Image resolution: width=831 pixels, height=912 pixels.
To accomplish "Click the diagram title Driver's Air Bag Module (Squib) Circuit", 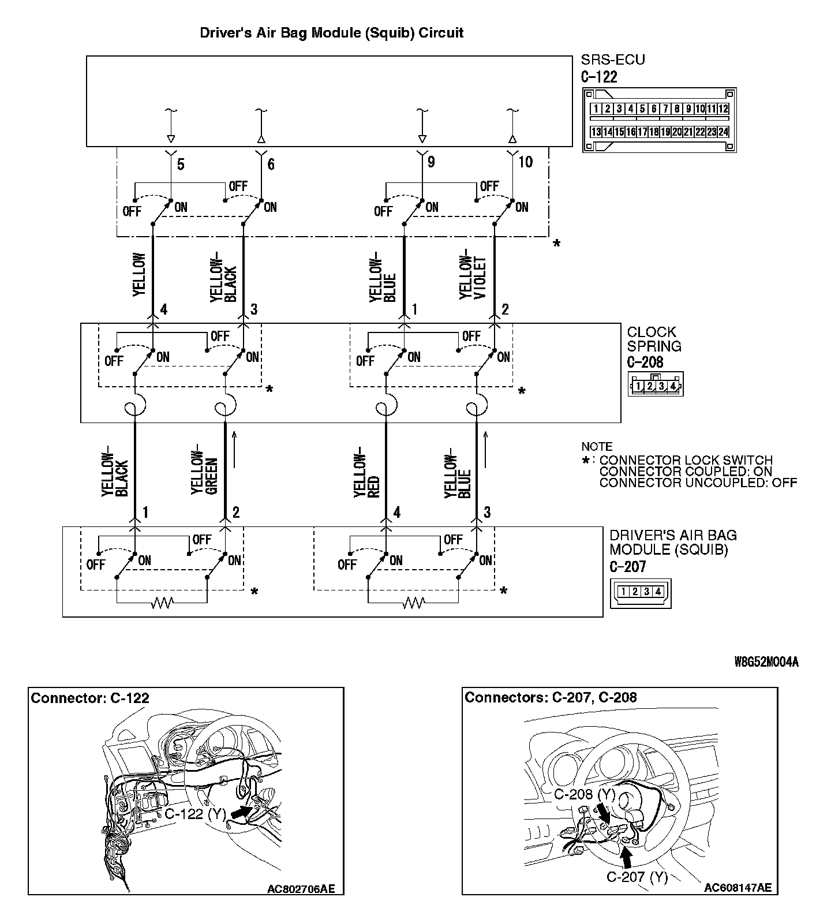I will coord(331,33).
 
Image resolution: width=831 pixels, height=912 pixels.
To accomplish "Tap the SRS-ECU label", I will coord(613,60).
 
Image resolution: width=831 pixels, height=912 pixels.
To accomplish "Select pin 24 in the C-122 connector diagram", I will coord(723,132).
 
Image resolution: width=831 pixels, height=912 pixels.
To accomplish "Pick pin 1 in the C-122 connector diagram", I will coord(596,109).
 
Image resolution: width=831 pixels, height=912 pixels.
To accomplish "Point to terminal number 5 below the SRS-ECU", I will coord(181,165).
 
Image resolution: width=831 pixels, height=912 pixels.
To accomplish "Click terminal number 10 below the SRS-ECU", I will coord(525,162).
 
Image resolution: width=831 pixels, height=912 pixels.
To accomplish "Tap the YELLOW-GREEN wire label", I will coord(204,469).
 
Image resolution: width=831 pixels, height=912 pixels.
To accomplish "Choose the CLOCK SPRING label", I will coord(654,339).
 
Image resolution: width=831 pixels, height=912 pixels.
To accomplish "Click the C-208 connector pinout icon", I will coord(656,385).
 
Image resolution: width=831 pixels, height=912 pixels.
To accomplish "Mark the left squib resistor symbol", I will coord(162,603).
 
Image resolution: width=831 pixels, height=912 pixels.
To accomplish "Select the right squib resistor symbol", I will coord(413,603).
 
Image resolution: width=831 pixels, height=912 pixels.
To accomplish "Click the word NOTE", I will coord(597,447).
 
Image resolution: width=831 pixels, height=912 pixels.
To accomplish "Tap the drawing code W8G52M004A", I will coord(766,662).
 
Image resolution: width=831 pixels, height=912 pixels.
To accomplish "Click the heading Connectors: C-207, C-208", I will coord(551,697).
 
